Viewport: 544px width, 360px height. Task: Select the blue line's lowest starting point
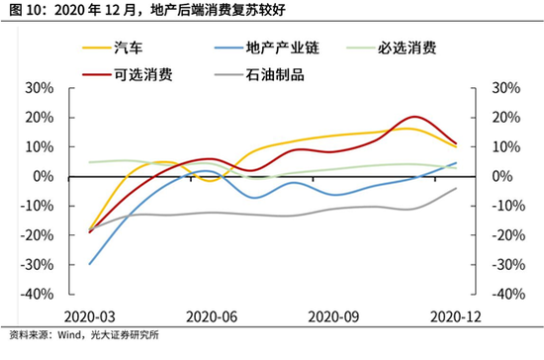coord(89,264)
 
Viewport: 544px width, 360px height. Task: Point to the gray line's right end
coord(455,188)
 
